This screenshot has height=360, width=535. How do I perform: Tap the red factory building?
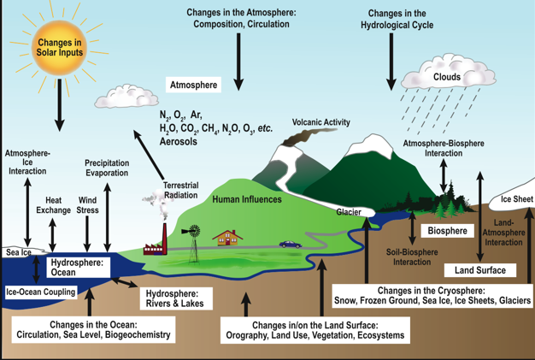pos(154,248)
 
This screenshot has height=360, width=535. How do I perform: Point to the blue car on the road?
pos(290,244)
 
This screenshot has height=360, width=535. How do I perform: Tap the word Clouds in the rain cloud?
pos(446,77)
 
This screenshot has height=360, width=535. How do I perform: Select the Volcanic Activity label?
pos(321,122)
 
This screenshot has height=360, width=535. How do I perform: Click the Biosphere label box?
pos(448,231)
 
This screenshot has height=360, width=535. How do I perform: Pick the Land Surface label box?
pos(479,270)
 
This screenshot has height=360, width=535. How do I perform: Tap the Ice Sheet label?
pos(516,199)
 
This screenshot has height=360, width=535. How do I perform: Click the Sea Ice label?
pos(18,253)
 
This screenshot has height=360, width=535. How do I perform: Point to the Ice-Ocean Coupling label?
pos(39,292)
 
